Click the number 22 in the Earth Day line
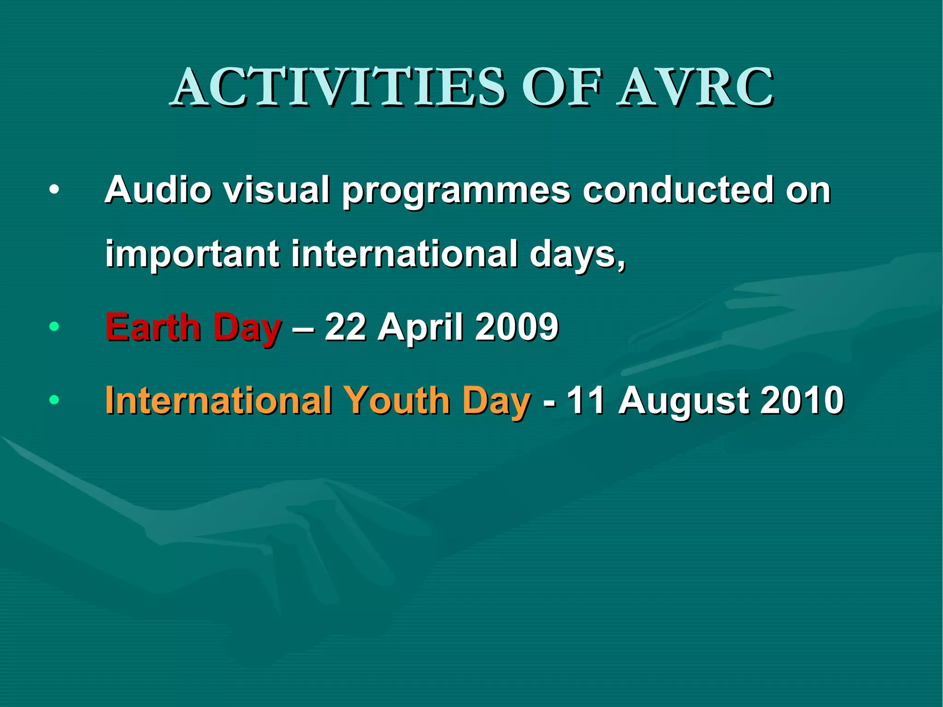(x=345, y=327)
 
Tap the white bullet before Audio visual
(x=54, y=190)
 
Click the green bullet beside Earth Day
(x=54, y=327)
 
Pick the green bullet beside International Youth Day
(x=54, y=399)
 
